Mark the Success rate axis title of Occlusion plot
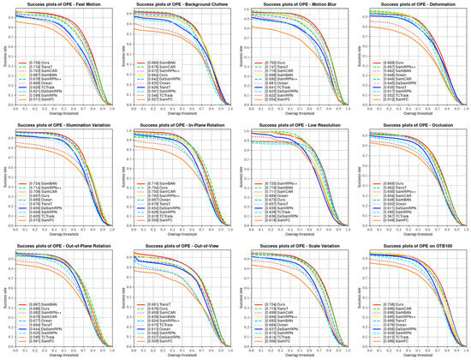point(357,177)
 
